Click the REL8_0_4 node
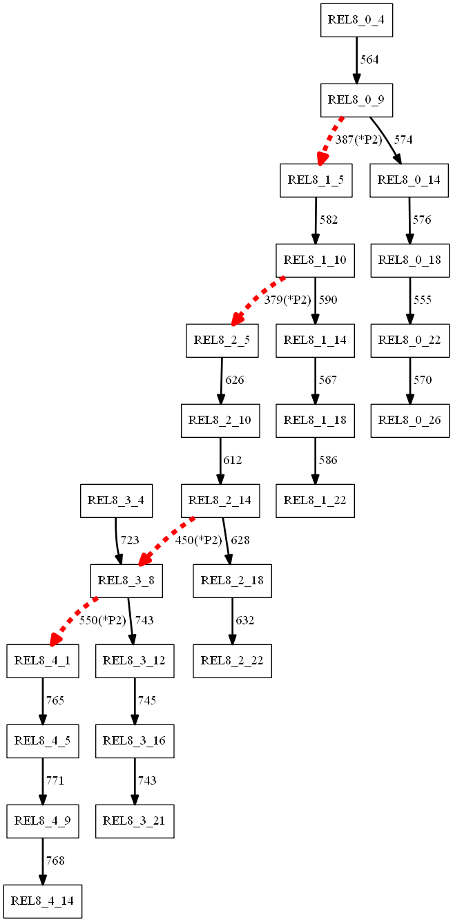pyautogui.click(x=356, y=20)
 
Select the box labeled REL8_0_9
pyautogui.click(x=356, y=100)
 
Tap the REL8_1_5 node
pyautogui.click(x=316, y=180)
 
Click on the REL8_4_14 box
pyautogui.click(x=42, y=901)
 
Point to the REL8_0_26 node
pyautogui.click(x=410, y=421)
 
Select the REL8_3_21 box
pyautogui.click(x=134, y=821)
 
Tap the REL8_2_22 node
pyautogui.click(x=232, y=661)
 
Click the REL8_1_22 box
pyautogui.click(x=316, y=501)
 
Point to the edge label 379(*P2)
pyautogui.click(x=288, y=300)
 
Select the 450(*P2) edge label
pyautogui.click(x=199, y=541)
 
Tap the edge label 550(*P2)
pyautogui.click(x=103, y=621)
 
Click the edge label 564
pyautogui.click(x=369, y=60)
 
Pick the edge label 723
pyautogui.click(x=130, y=541)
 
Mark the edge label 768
pyautogui.click(x=55, y=861)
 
